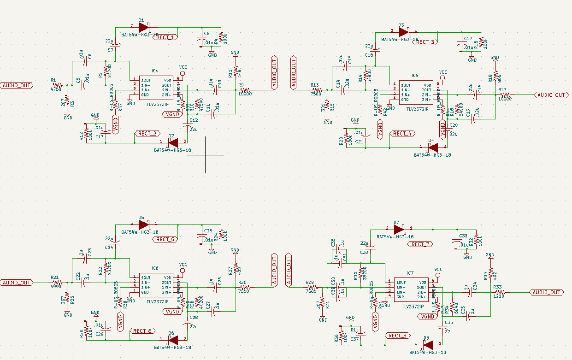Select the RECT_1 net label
(x=165, y=37)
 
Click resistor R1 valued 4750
(x=57, y=85)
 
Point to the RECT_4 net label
(x=402, y=134)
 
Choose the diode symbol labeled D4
(x=433, y=147)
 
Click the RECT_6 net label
(x=142, y=331)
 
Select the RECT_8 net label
(x=397, y=336)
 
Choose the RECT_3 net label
(x=425, y=42)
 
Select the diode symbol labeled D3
(x=404, y=32)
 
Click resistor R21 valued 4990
(x=57, y=283)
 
